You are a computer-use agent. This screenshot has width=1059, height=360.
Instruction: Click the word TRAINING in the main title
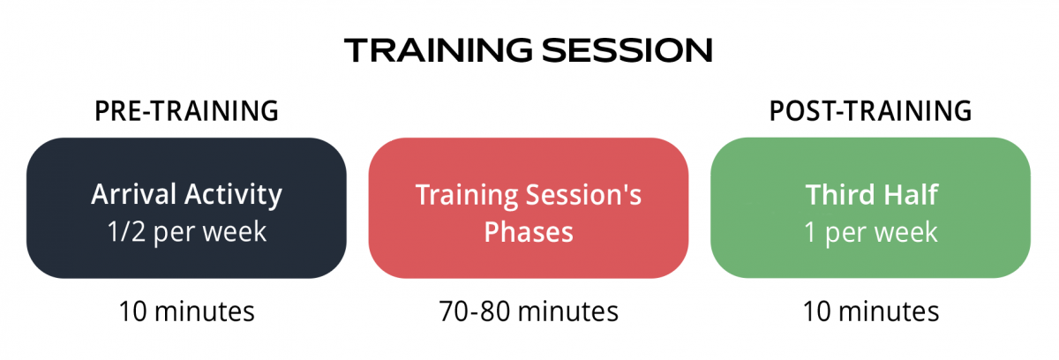(x=439, y=50)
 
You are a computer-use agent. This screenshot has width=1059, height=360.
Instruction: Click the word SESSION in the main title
(x=627, y=50)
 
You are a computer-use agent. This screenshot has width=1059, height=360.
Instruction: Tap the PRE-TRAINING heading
(x=186, y=111)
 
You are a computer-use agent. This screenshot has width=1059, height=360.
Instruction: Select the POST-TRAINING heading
(x=870, y=111)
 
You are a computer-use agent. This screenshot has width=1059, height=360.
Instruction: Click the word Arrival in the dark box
(x=134, y=194)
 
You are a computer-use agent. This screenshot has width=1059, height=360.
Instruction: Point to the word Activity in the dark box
(x=234, y=196)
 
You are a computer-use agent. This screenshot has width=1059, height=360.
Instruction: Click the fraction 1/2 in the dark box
(x=126, y=232)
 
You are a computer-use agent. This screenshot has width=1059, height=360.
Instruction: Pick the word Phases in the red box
(x=529, y=232)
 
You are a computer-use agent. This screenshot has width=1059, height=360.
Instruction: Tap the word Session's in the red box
(x=584, y=195)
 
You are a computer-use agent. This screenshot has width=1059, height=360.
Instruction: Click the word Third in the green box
(x=837, y=195)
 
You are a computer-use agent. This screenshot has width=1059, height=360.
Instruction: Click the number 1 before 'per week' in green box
(x=810, y=232)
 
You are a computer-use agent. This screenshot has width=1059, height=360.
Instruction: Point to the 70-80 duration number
(x=474, y=311)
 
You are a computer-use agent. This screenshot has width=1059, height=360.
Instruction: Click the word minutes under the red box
(x=567, y=311)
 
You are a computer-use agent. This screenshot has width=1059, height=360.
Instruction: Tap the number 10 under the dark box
(x=133, y=311)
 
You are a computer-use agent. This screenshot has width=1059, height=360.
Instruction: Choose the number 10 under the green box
(x=817, y=311)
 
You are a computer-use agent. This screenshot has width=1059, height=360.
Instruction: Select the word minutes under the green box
(x=889, y=311)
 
